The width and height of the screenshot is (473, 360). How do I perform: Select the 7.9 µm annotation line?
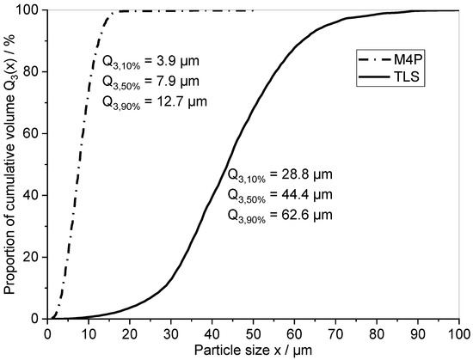(150, 82)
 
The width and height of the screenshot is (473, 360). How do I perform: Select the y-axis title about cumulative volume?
(11, 163)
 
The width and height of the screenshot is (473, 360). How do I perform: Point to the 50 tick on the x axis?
(254, 331)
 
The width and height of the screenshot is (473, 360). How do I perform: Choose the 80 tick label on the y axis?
(31, 71)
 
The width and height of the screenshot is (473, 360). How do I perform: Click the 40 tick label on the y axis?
(31, 195)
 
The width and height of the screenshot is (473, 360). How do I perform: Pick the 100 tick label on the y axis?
(28, 10)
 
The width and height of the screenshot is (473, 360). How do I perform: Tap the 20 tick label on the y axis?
(31, 257)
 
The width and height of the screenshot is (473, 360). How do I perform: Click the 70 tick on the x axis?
(336, 331)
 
